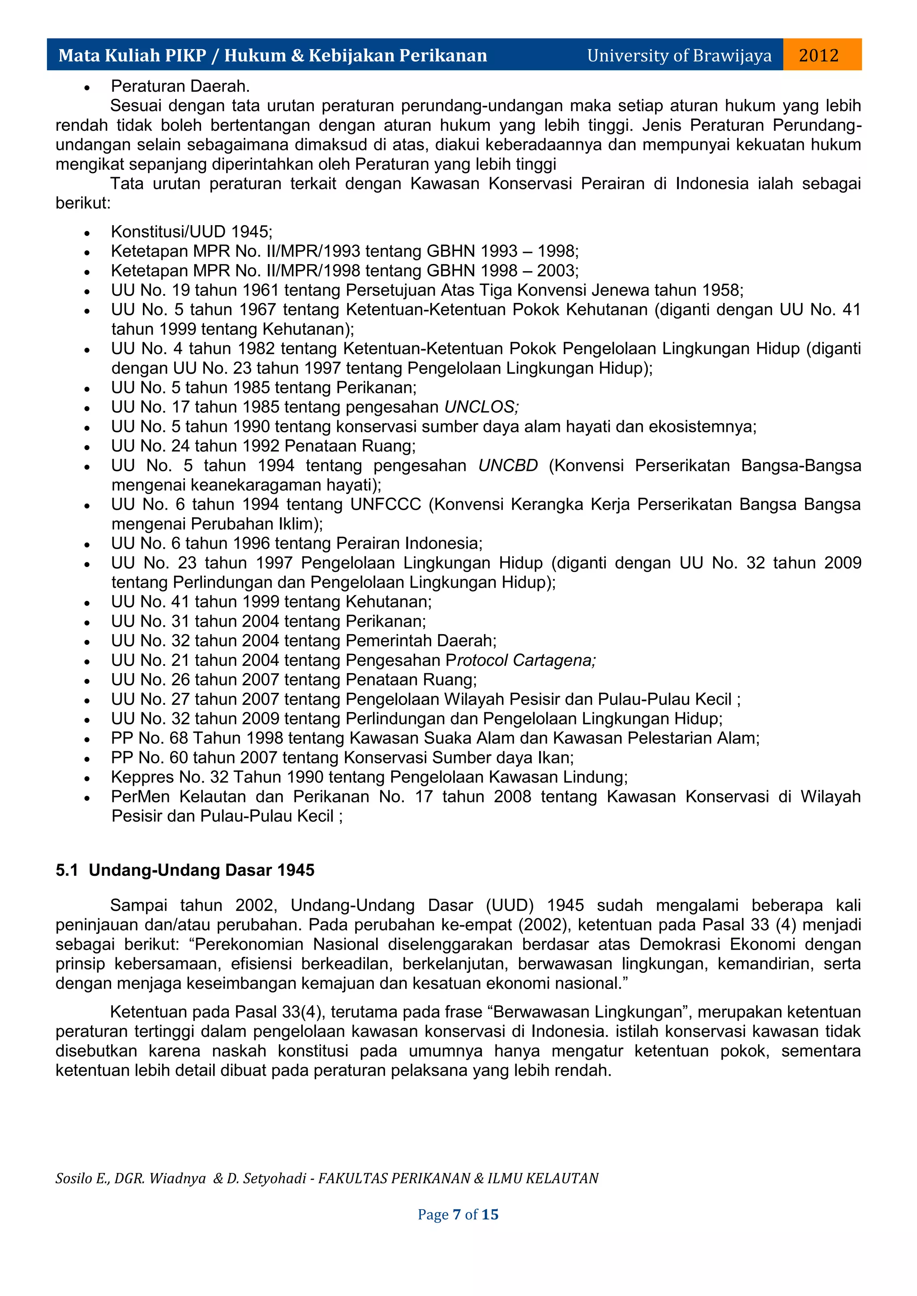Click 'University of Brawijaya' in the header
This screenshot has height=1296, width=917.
[x=679, y=55]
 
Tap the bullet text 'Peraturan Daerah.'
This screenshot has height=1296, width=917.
[x=180, y=86]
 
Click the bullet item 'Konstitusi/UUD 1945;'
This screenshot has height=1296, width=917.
[x=192, y=231]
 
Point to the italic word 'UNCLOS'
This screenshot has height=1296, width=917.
[x=479, y=407]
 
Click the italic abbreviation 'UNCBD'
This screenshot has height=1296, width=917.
[x=508, y=466]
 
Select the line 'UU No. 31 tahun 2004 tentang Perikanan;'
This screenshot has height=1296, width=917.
[x=268, y=622]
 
